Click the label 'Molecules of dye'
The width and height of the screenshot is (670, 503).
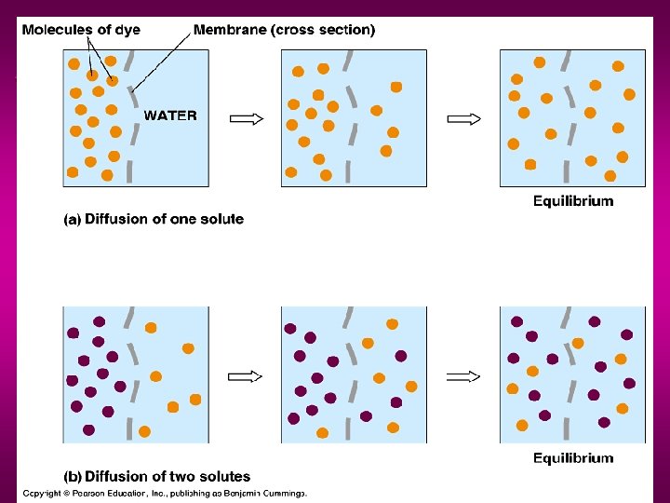[81, 30]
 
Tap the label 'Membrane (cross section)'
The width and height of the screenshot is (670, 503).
[284, 30]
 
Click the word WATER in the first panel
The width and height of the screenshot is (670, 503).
[170, 116]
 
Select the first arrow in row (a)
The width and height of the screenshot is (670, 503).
[247, 118]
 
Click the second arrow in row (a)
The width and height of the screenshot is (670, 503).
[464, 118]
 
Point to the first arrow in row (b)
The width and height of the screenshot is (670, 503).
[246, 376]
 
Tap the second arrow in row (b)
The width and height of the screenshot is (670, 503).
[463, 376]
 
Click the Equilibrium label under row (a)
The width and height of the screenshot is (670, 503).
[573, 200]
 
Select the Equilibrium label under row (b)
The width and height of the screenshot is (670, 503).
[573, 457]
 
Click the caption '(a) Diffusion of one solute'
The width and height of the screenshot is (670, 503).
[154, 220]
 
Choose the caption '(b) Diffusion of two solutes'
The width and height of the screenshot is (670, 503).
[156, 477]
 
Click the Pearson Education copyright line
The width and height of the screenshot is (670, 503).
[165, 493]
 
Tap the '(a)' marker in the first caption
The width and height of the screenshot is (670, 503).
[72, 220]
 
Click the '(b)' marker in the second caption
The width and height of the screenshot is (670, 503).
[72, 477]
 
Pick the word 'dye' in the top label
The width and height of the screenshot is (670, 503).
[127, 30]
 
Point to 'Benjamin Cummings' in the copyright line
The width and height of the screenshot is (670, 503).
[266, 493]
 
